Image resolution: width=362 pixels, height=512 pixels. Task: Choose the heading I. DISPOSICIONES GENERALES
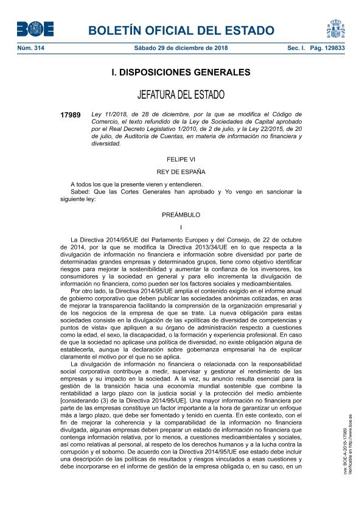coord(181,72)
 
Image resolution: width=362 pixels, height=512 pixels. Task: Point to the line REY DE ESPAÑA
coord(181,171)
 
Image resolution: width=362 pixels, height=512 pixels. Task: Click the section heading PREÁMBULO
coord(181,215)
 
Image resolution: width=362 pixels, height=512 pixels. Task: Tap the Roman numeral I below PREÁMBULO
coord(181,227)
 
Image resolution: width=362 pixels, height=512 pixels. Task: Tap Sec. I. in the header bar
coord(296,47)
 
